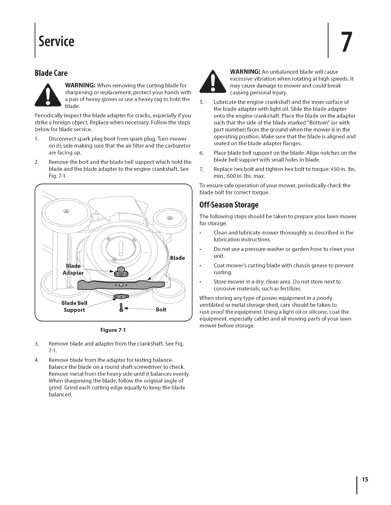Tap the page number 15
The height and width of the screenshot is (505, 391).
(x=365, y=479)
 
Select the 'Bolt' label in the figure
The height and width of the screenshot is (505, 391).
(x=161, y=310)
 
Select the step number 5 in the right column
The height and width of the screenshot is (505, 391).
(x=201, y=102)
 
